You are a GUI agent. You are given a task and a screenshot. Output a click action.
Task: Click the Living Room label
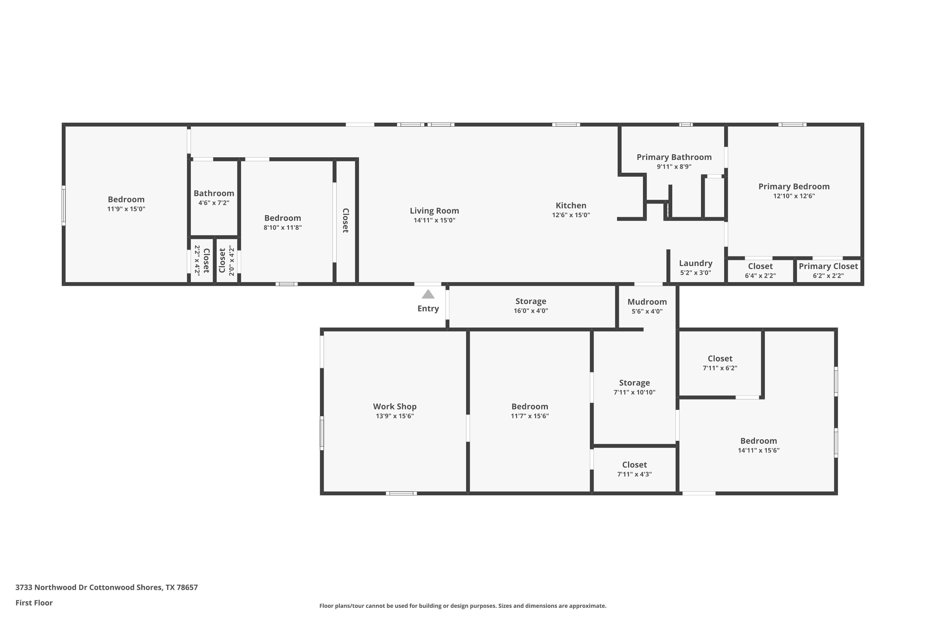coord(434,211)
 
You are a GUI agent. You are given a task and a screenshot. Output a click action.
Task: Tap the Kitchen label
coord(571,205)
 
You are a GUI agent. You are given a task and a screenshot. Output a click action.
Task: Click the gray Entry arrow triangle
coord(428,294)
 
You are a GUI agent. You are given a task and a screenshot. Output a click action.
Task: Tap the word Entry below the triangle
coord(428,309)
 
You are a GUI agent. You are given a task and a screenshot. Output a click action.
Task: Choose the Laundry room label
coord(696,263)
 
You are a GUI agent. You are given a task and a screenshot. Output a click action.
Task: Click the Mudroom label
coord(647,302)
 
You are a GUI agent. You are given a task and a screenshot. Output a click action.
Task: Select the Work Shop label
coord(394,406)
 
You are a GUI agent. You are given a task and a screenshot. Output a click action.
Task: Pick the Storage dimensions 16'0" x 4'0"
coord(531,311)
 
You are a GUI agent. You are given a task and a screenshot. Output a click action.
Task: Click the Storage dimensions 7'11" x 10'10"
coord(634,392)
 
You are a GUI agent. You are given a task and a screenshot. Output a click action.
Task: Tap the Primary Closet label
coord(828,266)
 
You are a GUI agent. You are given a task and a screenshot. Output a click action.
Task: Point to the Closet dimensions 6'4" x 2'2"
coord(760,276)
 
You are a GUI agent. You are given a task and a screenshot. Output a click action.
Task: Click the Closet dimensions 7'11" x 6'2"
coord(720,368)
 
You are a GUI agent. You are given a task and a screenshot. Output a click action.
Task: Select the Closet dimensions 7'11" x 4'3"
coord(634,474)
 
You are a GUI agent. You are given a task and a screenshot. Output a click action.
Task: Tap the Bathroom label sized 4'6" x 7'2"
coord(214,193)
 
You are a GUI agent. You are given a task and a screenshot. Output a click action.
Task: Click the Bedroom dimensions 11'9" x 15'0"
coord(126,209)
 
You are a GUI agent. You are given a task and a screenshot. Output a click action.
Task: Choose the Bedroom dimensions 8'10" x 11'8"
coord(282,227)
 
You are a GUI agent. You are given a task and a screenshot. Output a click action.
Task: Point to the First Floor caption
coord(34,603)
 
